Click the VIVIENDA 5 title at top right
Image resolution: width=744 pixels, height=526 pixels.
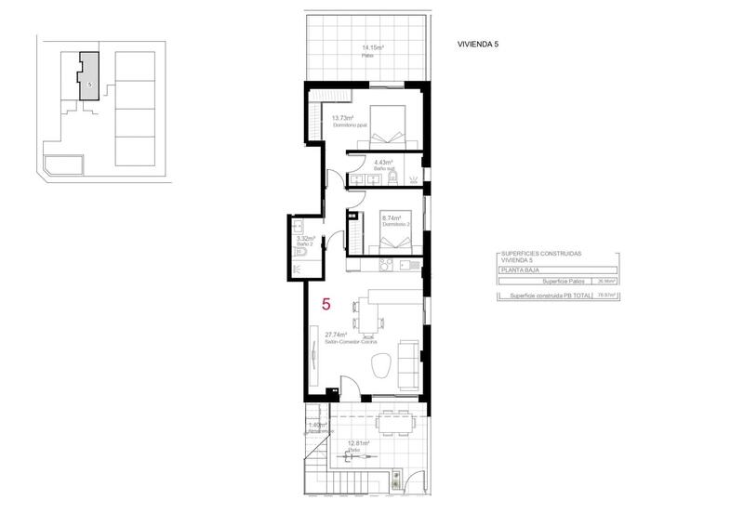[x=478, y=44]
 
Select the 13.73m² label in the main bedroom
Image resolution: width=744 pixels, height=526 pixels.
[x=343, y=118]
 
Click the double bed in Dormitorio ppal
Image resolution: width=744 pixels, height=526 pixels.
[x=388, y=127]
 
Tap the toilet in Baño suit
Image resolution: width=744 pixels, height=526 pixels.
[x=393, y=178]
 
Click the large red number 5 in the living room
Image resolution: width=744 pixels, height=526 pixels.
[x=325, y=304]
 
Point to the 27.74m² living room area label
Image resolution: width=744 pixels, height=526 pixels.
[x=336, y=335]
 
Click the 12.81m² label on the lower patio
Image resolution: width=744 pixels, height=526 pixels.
[x=358, y=443]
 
